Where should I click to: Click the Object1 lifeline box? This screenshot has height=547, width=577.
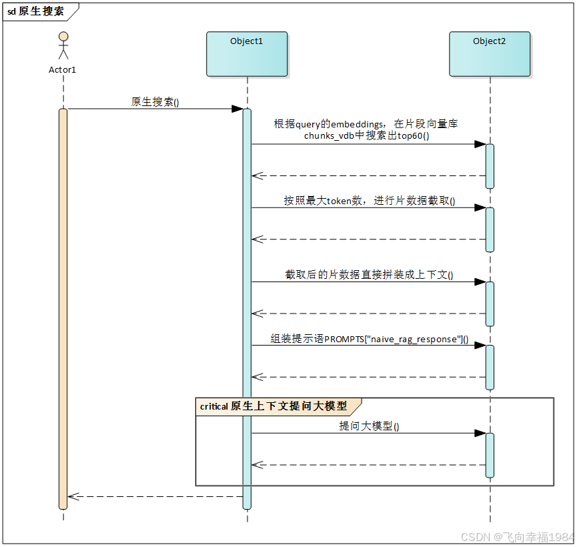[247, 54]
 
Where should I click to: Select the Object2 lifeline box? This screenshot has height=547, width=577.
[490, 54]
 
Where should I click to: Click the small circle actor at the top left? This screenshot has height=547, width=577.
[63, 36]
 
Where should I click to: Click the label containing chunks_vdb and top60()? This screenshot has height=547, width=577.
[367, 129]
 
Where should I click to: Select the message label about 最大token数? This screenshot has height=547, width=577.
[370, 201]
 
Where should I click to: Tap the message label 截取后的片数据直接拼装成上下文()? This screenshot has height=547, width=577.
[370, 275]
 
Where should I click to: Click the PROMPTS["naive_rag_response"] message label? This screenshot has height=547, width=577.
[370, 339]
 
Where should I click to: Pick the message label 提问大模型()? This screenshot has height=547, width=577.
[370, 426]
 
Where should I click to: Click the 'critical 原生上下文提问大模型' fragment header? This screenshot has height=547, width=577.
[277, 406]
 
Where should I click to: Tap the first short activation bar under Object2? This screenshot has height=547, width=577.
[490, 166]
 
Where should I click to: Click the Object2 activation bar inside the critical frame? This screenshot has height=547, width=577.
[490, 455]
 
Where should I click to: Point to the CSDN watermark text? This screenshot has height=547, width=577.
[517, 536]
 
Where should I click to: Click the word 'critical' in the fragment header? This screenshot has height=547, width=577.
[214, 406]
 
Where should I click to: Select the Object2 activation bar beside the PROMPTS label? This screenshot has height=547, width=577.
[490, 367]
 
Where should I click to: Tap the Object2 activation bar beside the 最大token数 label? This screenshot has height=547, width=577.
[490, 229]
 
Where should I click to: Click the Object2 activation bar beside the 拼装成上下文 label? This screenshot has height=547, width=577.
[490, 304]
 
